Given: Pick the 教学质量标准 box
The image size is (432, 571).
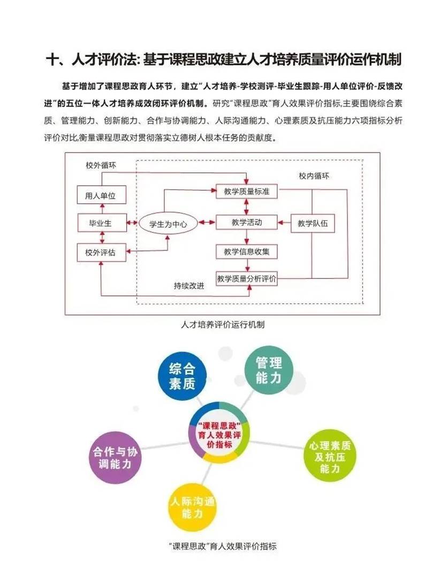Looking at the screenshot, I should pos(247,192).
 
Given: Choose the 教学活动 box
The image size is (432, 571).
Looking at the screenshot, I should pos(247,222).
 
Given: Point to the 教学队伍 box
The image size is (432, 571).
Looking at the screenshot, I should pos(312,224).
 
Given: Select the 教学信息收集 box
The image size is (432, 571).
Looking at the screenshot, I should pos(247,250).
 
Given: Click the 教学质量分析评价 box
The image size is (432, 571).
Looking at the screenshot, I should pos(247,279).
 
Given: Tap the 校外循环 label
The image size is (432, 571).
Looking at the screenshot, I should pos(101,165).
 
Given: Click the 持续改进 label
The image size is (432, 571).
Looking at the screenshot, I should pos(189,285).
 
